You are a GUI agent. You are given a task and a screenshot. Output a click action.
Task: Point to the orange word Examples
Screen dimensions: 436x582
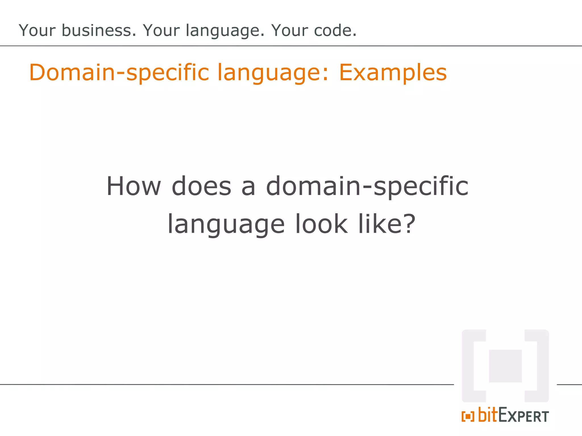click(393, 73)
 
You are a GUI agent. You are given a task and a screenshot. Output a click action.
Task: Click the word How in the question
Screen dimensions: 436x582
click(134, 186)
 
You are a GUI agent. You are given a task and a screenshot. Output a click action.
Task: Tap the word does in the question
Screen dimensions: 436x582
click(201, 186)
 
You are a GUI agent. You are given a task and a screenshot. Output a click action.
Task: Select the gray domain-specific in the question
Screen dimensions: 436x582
click(367, 187)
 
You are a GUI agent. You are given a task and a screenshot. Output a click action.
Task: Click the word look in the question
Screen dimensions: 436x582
click(321, 224)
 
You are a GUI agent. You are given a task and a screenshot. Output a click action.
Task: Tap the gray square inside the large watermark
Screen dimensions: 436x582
click(505, 366)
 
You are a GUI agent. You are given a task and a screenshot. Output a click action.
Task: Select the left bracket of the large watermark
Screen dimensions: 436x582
click(472, 366)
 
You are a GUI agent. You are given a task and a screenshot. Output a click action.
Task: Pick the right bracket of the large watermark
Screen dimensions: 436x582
click(539, 366)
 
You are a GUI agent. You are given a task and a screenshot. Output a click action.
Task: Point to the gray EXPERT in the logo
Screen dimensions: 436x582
click(523, 416)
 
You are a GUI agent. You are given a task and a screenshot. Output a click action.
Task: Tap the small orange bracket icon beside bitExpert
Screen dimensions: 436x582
click(468, 417)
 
